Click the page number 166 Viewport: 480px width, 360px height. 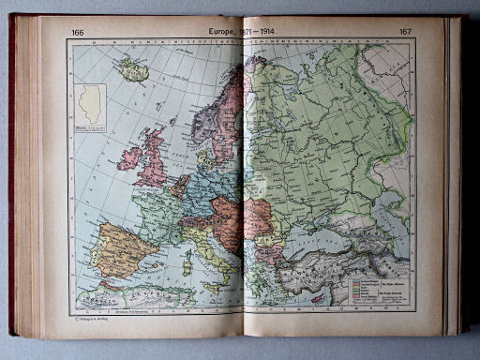(77, 33)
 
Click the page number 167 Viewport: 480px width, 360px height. (405, 33)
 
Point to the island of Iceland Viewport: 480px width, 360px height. (130, 68)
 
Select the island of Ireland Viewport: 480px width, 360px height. (129, 157)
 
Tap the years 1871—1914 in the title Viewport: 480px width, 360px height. (264, 32)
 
